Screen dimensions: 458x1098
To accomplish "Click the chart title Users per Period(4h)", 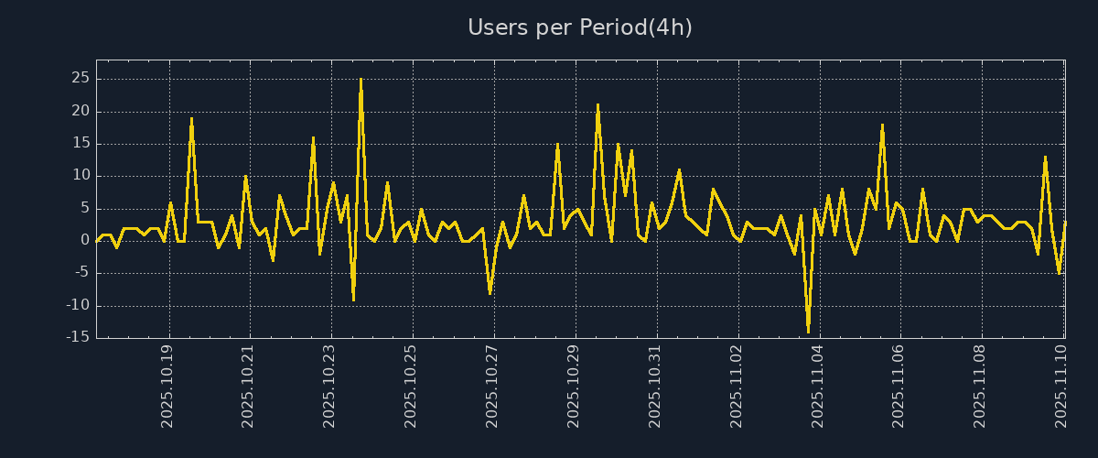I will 579,27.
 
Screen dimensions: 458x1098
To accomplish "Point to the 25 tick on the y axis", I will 80,79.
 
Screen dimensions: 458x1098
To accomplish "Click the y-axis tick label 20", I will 80,111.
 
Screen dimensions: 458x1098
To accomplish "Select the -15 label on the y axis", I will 78,337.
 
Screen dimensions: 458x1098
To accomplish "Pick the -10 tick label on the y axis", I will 78,305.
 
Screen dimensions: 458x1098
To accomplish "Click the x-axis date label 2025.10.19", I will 167,386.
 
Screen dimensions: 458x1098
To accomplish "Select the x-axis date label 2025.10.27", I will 492,386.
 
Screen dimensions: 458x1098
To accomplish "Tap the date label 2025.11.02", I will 737,386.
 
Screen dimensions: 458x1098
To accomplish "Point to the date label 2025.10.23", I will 329,386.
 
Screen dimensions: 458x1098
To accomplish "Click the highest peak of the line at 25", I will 361,80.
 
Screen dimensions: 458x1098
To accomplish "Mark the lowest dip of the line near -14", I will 808,331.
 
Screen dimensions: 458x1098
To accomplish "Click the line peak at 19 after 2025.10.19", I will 191,118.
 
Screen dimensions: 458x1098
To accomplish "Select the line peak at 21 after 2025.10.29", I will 597,105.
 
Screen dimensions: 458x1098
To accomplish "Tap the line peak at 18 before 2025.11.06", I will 882,125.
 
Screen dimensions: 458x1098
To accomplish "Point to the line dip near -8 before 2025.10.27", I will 490,292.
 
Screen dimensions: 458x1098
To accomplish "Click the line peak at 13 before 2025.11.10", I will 1045,157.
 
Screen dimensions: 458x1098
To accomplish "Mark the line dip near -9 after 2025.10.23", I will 353,299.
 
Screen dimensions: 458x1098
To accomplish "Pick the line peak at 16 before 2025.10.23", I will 313,137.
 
